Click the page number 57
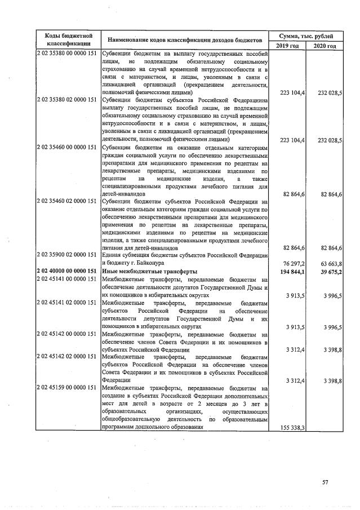pyautogui.click(x=325, y=482)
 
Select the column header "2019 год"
pyautogui.click(x=289, y=45)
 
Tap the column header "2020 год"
pyautogui.click(x=325, y=45)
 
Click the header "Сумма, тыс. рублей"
pyautogui.click(x=307, y=35)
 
